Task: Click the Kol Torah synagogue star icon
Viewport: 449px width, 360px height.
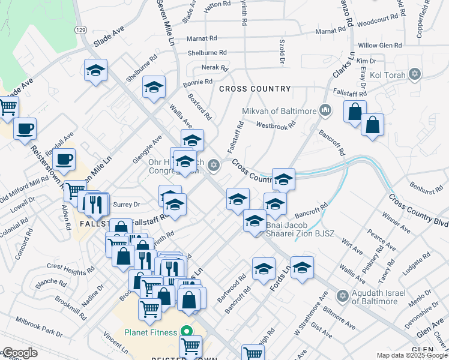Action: [414, 74]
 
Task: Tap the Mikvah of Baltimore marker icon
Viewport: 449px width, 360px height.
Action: [325, 110]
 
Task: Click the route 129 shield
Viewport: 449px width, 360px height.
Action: [80, 29]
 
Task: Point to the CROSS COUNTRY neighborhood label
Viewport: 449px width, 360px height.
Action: [255, 89]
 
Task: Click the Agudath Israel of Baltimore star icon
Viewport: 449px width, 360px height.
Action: [342, 295]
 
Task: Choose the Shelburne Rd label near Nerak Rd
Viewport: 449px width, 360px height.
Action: [206, 53]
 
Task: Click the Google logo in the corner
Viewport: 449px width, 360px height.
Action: [20, 353]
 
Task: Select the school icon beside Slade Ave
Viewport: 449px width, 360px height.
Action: [95, 71]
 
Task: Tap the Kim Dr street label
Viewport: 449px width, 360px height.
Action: [366, 61]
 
